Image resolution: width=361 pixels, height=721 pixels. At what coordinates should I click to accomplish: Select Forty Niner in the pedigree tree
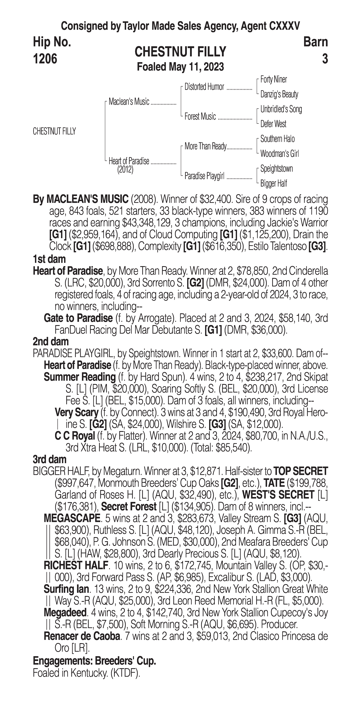coord(273,79)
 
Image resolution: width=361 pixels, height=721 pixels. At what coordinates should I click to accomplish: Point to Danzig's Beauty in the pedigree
coord(279,94)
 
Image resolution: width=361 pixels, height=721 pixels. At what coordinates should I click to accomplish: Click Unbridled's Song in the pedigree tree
coord(281,109)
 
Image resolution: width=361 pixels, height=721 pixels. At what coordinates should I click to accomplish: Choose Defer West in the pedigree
coord(273,124)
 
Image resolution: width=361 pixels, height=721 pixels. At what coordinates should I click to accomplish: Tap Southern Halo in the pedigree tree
coord(277,139)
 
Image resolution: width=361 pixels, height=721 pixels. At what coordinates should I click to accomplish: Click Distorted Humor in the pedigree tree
coord(204,87)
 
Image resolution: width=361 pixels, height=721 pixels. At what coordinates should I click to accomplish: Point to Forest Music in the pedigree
coord(200,116)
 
